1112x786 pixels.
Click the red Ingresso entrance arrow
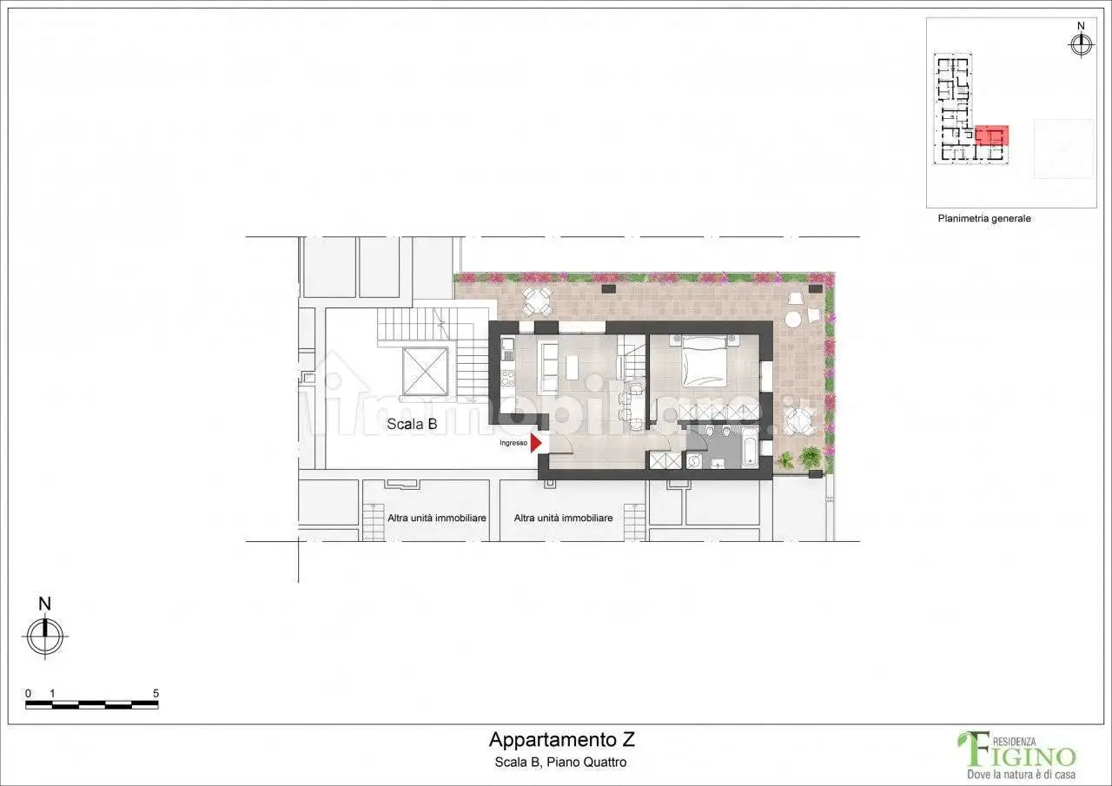(x=536, y=443)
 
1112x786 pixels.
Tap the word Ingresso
(x=513, y=443)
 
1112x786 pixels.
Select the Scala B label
(x=412, y=424)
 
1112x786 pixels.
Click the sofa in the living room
(x=548, y=368)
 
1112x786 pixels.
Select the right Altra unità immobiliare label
(x=563, y=518)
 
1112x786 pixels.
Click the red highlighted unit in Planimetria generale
(x=991, y=135)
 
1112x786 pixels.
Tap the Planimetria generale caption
(x=984, y=219)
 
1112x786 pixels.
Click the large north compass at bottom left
(x=45, y=636)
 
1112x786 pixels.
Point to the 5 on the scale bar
(x=156, y=693)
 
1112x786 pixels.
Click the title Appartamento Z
(x=561, y=740)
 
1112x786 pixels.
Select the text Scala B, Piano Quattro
(x=561, y=763)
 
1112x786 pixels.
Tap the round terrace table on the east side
(x=793, y=319)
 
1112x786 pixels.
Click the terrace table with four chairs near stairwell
(x=536, y=302)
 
